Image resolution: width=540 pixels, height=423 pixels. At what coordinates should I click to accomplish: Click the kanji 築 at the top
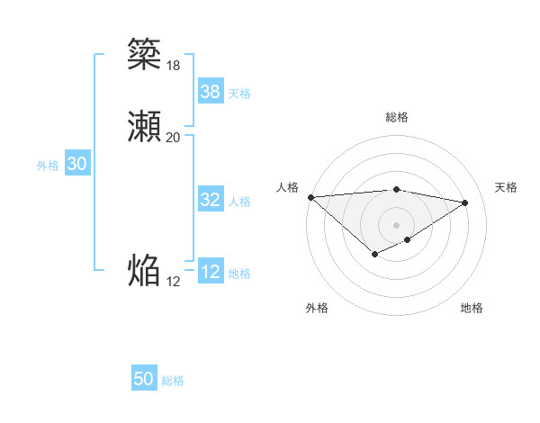[144, 54]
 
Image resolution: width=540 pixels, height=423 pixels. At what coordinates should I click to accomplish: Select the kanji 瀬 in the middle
[144, 127]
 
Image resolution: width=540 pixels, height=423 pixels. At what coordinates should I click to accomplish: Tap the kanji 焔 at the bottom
[144, 271]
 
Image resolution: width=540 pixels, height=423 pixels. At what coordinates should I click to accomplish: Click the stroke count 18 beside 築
[173, 65]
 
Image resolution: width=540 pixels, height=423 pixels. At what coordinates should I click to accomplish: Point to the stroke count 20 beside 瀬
[173, 138]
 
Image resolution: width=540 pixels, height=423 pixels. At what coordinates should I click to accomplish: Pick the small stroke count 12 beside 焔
[173, 282]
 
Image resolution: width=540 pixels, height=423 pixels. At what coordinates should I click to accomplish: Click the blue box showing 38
[210, 92]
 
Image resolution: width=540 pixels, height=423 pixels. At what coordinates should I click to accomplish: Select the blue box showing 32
[210, 201]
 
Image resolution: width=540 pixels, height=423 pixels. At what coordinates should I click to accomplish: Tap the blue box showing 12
[210, 273]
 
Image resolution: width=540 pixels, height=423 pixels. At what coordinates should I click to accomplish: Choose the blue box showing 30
[76, 165]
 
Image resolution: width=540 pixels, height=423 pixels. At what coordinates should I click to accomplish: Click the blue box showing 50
[144, 380]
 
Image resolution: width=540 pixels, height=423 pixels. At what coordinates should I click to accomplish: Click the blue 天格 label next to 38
[239, 94]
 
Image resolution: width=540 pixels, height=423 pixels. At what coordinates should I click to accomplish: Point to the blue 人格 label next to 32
[239, 202]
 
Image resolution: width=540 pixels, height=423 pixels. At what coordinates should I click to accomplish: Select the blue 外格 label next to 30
[48, 166]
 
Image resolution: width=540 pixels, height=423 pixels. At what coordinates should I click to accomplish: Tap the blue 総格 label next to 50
[173, 381]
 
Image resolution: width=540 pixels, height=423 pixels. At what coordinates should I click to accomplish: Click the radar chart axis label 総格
[397, 117]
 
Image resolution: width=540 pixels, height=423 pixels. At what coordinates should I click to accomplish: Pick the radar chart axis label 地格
[472, 308]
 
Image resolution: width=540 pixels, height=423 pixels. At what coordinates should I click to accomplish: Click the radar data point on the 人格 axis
[310, 197]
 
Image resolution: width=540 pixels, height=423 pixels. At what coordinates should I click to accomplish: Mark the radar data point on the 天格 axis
[465, 202]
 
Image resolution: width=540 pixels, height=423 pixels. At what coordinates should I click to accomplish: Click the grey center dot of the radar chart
[397, 224]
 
